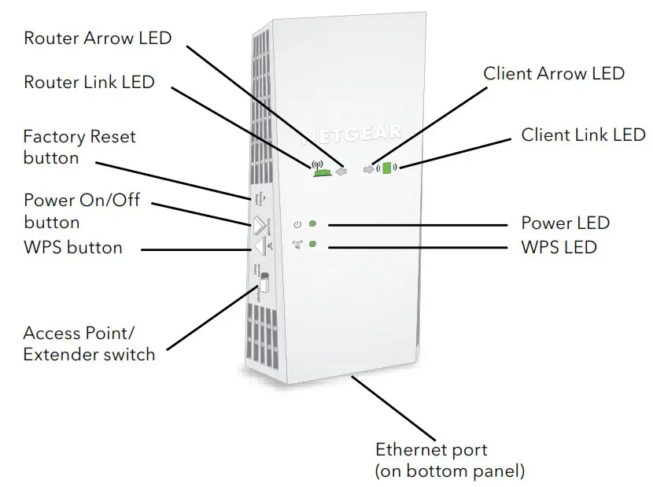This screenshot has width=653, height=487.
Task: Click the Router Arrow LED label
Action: [98, 38]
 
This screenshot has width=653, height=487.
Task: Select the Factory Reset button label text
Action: [79, 147]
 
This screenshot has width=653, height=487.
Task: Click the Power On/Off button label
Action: [82, 211]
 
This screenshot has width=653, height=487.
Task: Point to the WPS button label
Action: [73, 248]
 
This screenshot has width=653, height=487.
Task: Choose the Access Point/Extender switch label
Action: [89, 344]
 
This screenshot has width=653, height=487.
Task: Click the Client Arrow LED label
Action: [554, 73]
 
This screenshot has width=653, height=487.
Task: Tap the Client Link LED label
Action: [583, 135]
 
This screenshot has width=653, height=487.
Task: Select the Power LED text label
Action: [565, 223]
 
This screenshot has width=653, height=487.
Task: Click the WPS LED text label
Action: [559, 247]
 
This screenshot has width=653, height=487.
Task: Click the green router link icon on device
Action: [319, 168]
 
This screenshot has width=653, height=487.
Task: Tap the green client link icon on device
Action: [386, 168]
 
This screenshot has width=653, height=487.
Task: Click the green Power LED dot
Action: [313, 224]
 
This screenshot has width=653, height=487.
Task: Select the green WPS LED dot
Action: [313, 245]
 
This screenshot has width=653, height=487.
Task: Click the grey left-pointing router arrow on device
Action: [340, 168]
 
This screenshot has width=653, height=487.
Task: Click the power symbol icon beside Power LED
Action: [297, 225]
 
